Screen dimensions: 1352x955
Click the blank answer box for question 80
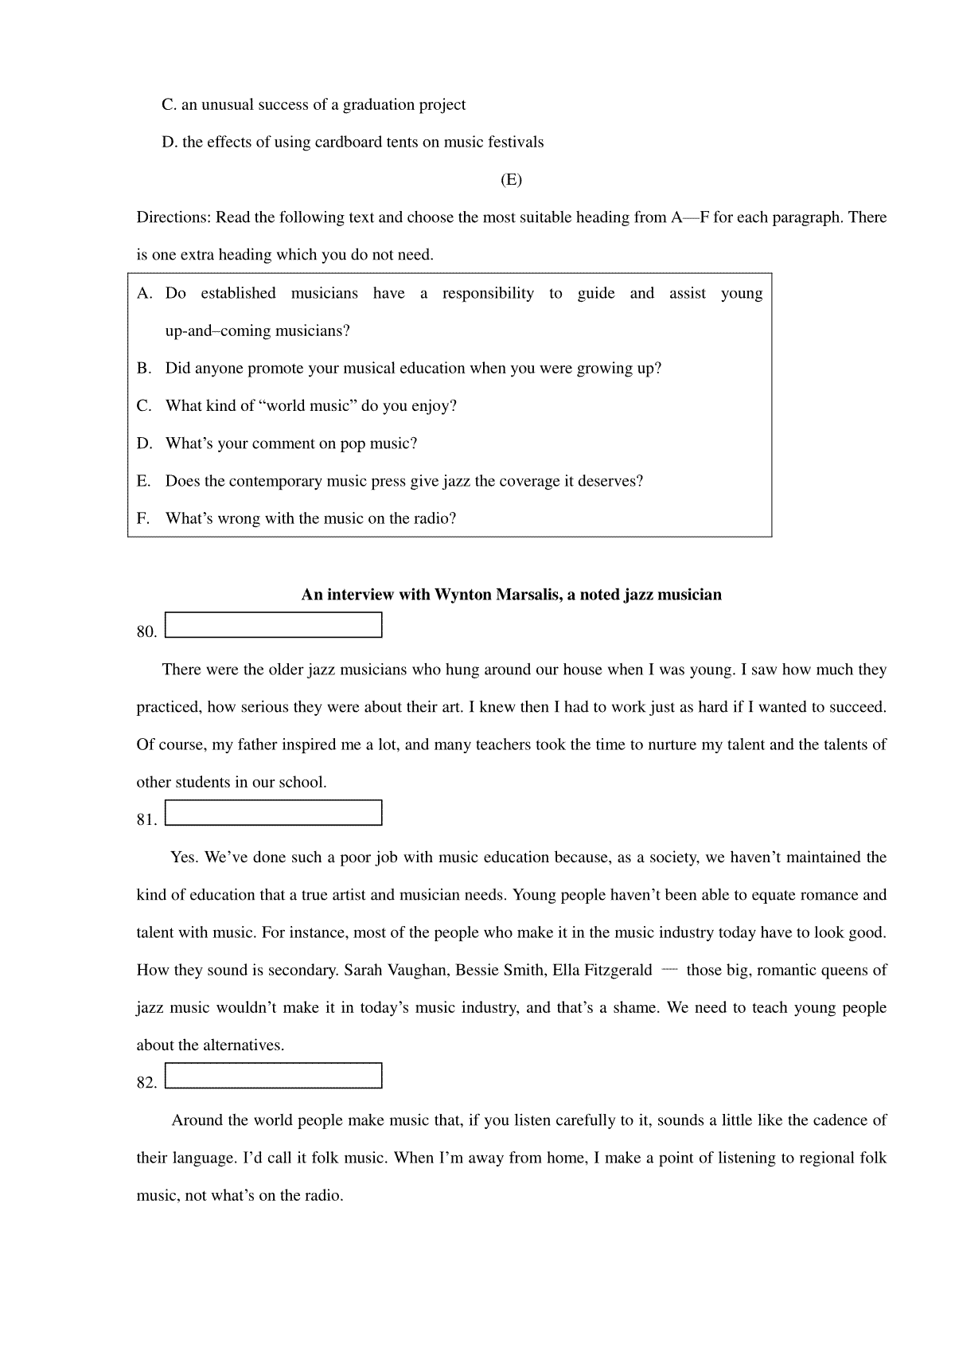tap(274, 625)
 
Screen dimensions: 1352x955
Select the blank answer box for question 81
tap(274, 813)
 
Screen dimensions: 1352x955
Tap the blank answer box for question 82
tap(274, 1076)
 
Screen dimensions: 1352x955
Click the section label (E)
tap(511, 180)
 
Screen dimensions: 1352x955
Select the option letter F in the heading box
tap(143, 519)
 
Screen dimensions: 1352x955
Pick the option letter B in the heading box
tap(143, 369)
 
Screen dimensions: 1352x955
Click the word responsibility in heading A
tap(488, 294)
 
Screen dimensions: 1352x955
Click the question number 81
tap(146, 820)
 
